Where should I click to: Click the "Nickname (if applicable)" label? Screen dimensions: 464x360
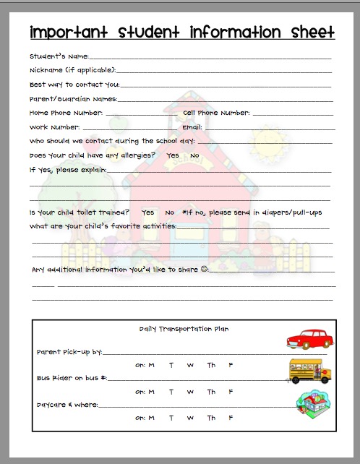click(72, 71)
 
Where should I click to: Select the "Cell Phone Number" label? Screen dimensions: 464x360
click(216, 113)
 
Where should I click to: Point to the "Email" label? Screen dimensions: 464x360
click(192, 127)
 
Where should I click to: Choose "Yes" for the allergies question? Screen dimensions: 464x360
click(173, 155)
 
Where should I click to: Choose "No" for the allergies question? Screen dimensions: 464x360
click(194, 155)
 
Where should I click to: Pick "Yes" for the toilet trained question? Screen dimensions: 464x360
click(148, 212)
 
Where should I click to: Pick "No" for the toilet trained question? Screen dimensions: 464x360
click(170, 212)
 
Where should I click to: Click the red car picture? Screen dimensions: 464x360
click(309, 339)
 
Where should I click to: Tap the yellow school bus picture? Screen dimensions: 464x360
click(310, 371)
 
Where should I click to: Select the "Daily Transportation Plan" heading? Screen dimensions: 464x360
click(184, 329)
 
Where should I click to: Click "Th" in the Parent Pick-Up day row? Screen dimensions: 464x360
click(211, 365)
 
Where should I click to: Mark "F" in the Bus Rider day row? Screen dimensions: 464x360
click(231, 392)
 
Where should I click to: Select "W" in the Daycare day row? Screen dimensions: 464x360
click(190, 418)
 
